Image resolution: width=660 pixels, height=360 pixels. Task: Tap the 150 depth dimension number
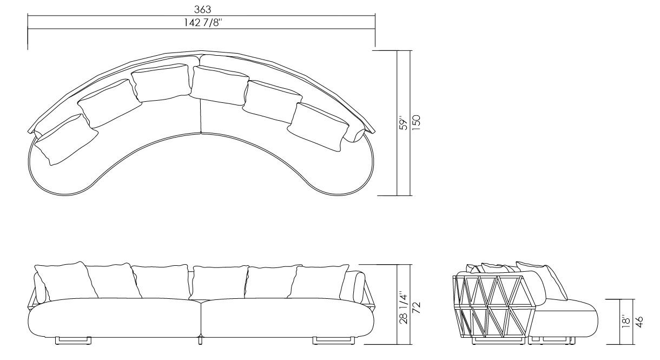(417, 123)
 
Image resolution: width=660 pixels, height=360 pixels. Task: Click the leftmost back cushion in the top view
(65, 140)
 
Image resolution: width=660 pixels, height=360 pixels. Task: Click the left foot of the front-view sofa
(73, 340)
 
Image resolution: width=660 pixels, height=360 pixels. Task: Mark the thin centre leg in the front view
(201, 341)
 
